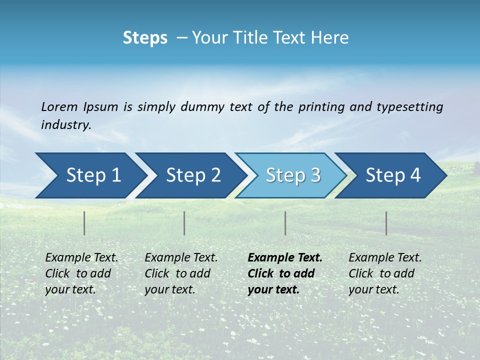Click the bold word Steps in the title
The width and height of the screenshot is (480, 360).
point(145,38)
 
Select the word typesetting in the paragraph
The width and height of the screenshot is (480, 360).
point(409,106)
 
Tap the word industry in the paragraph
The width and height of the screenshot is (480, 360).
point(65,125)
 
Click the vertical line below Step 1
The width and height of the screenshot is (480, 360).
point(84,223)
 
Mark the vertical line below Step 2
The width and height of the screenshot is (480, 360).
point(184,223)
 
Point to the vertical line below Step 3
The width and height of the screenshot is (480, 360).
point(285,223)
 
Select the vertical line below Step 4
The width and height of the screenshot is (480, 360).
point(386,223)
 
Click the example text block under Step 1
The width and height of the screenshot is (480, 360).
point(81,273)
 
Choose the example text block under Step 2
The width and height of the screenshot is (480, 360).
point(180,273)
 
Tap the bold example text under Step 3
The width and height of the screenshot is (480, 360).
point(284,273)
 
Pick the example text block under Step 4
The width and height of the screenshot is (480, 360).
point(384,273)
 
